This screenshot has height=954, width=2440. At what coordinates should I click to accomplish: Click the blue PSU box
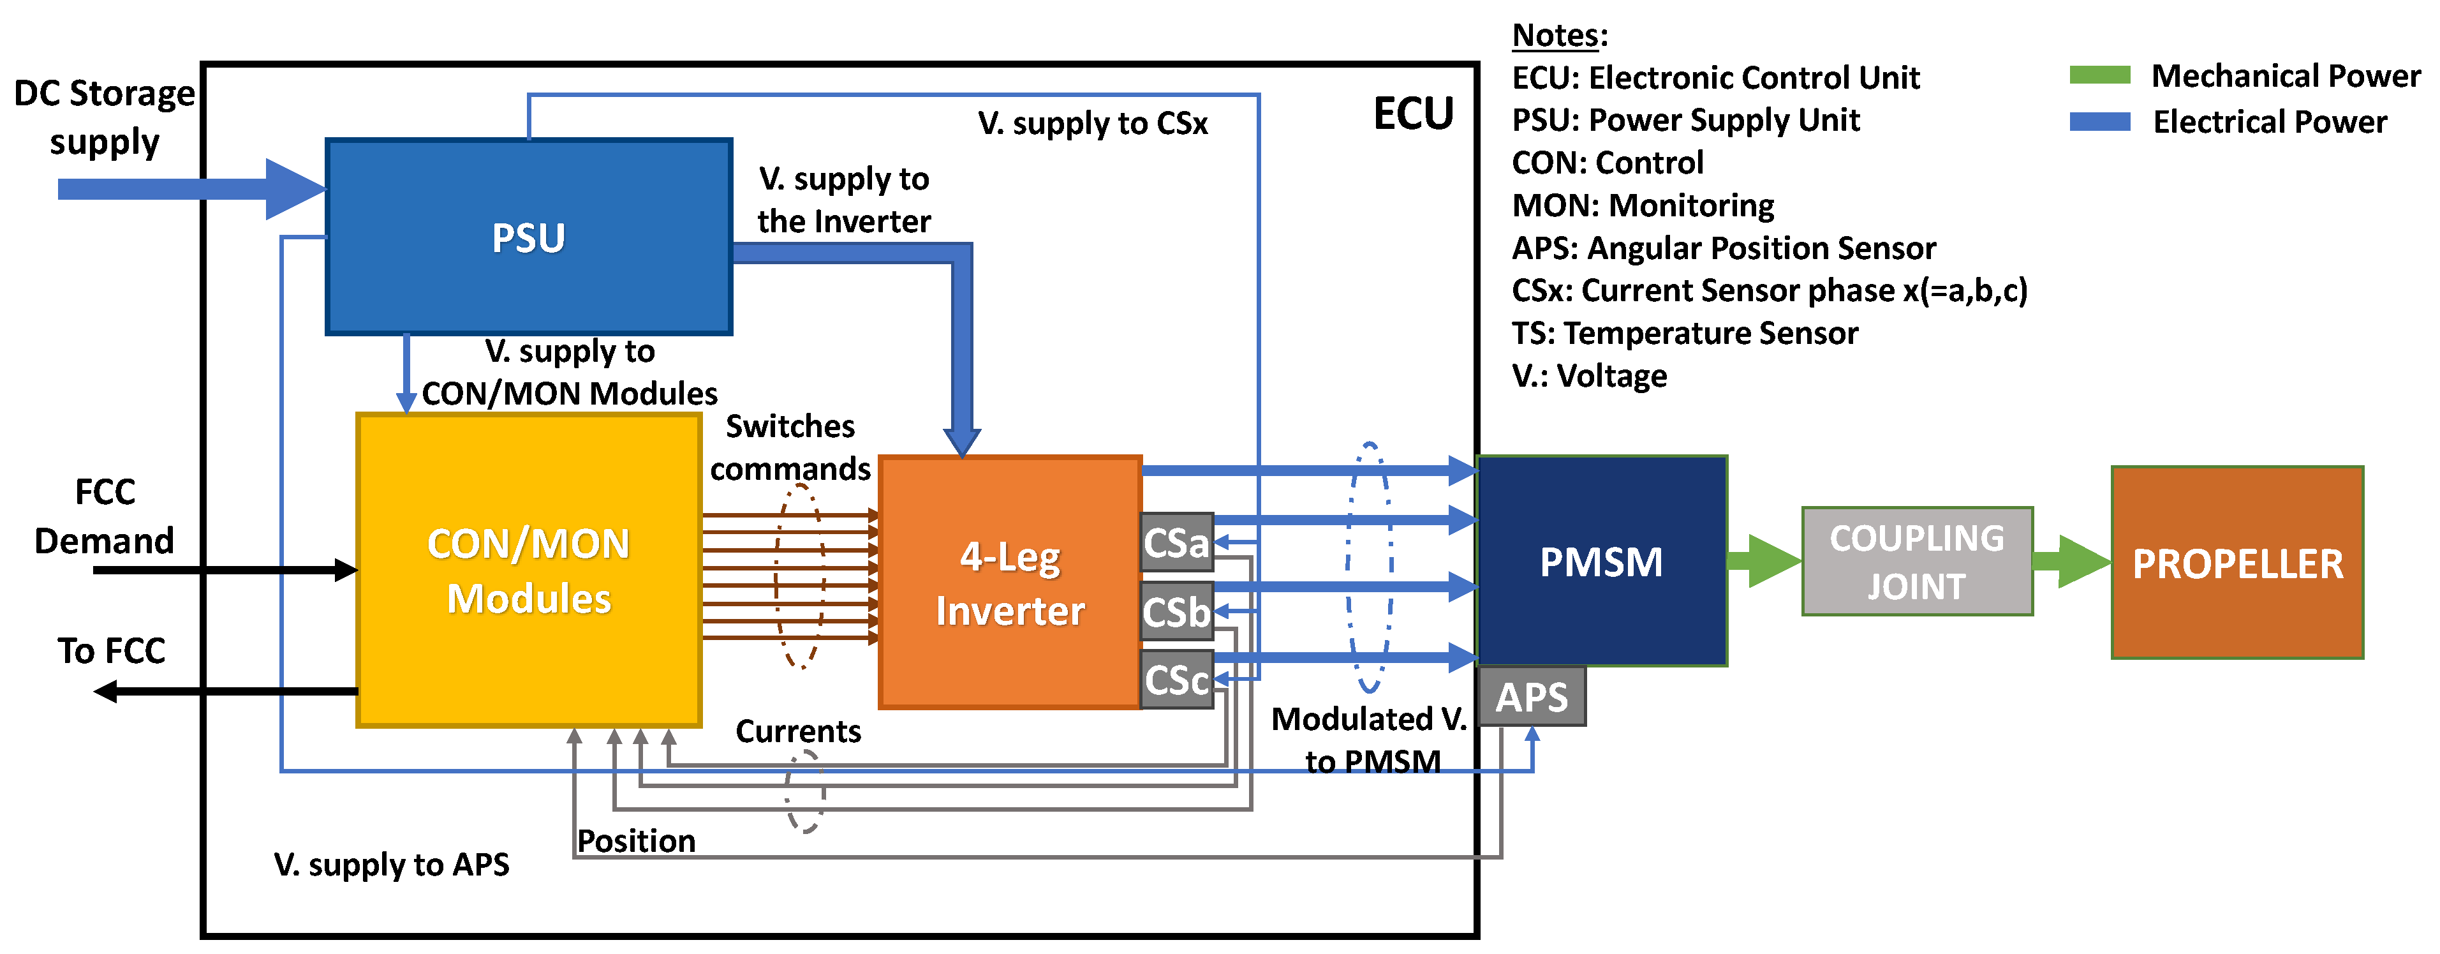[x=529, y=237]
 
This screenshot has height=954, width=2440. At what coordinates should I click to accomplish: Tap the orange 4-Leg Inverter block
[x=1010, y=583]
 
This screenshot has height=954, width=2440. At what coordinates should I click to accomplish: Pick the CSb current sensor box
[x=1176, y=612]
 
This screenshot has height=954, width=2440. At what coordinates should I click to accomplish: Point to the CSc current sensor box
[x=1176, y=679]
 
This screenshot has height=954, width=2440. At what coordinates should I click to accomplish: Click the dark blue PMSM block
[x=1601, y=562]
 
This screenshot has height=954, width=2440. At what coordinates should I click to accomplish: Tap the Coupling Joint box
[x=1917, y=562]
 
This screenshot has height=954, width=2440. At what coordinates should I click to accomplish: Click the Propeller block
[x=2237, y=563]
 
